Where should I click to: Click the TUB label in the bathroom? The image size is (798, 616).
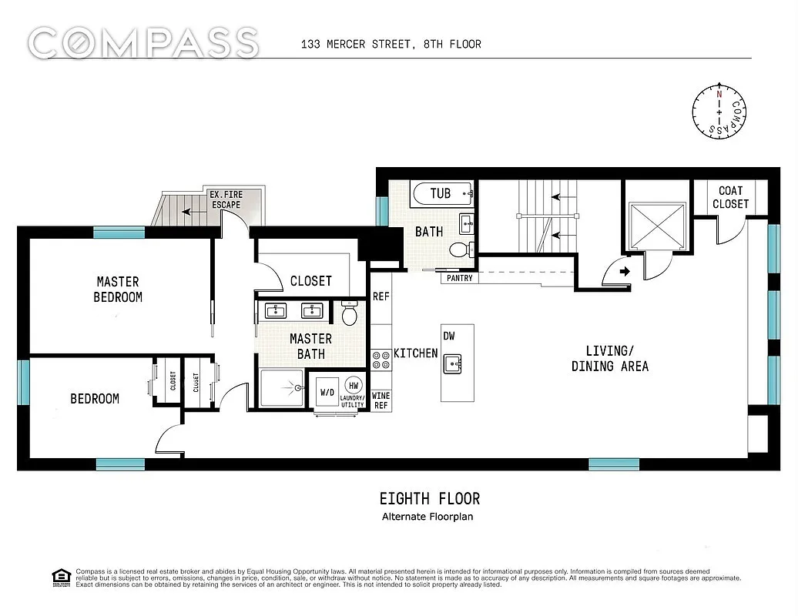coord(440,193)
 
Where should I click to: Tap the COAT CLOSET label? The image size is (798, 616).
coord(730,197)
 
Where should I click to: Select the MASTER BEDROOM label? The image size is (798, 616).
coord(118,290)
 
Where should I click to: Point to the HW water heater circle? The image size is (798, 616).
coord(354,384)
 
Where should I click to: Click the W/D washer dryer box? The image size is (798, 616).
coord(327,392)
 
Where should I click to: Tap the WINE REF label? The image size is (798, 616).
coord(381,400)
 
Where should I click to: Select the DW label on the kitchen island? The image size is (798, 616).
coord(449,336)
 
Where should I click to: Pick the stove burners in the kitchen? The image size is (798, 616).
coord(381,360)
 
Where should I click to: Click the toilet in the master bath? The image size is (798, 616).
coord(349,313)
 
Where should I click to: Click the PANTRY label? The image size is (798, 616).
coord(458,278)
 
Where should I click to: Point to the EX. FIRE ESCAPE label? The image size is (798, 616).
coord(226,200)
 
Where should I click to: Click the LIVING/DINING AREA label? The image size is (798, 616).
coord(609,359)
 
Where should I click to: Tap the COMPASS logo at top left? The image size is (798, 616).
coord(143,42)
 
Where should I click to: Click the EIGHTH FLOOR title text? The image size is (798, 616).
coord(430,499)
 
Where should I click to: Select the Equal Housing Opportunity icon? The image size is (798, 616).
coord(59,577)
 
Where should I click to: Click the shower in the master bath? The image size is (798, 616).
coord(282,389)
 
